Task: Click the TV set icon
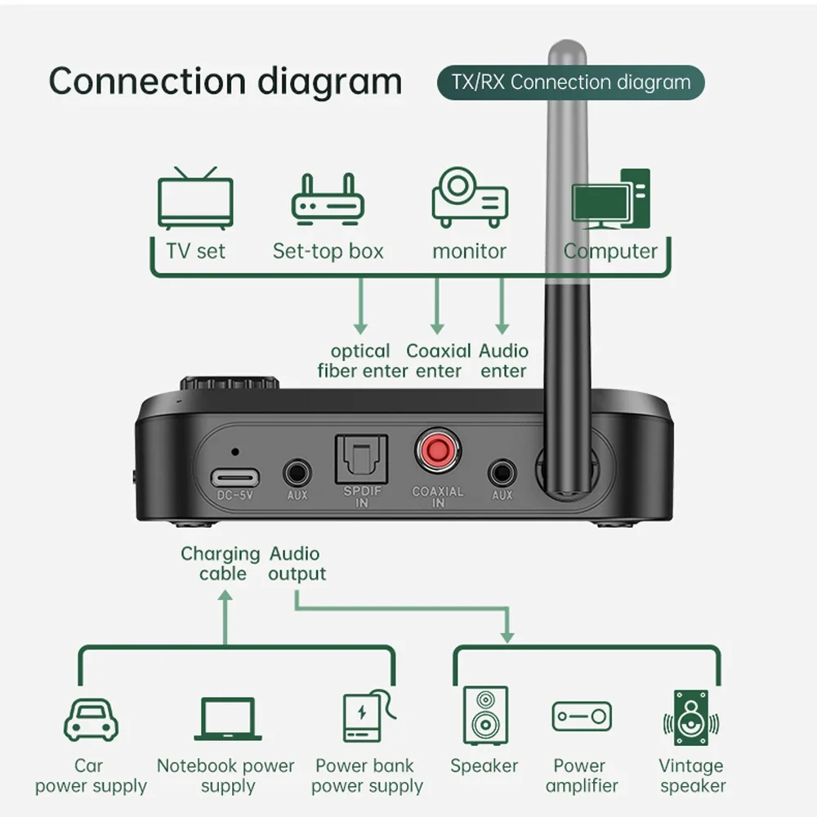click(x=194, y=200)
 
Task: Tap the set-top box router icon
click(x=328, y=200)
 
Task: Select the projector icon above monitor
click(x=470, y=197)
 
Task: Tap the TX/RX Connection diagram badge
click(x=570, y=83)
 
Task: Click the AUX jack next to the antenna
click(x=502, y=473)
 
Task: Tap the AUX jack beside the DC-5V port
click(x=297, y=473)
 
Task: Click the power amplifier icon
click(x=581, y=717)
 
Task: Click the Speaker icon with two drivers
click(x=485, y=715)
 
